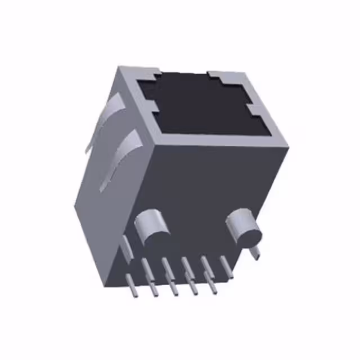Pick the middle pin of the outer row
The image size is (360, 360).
(x=172, y=286)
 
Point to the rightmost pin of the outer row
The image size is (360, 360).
(x=212, y=285)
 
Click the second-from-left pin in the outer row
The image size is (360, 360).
(x=152, y=287)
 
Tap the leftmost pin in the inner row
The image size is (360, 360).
(x=146, y=268)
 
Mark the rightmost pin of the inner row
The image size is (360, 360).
(x=227, y=267)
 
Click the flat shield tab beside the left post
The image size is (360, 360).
(x=127, y=247)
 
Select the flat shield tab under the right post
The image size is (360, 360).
(x=256, y=252)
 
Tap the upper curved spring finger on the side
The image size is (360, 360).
(x=110, y=115)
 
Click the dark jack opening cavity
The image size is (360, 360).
(x=202, y=107)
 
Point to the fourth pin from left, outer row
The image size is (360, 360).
(x=192, y=286)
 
